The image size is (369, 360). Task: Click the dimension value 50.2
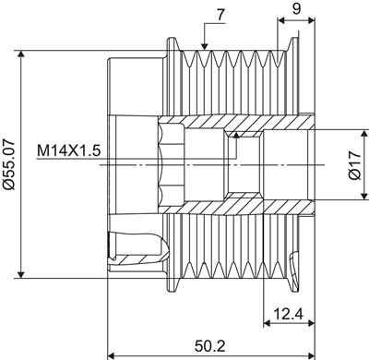point(209,345)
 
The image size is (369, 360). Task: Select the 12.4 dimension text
point(288,314)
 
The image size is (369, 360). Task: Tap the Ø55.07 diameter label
point(8,164)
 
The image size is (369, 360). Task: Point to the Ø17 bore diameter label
point(354,165)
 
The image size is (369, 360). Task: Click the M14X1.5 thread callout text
point(68,151)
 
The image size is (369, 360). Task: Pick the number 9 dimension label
point(296,9)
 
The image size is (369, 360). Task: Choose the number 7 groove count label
point(221,16)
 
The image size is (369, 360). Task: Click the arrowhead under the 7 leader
point(205,46)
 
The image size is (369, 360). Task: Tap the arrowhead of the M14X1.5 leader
point(236,134)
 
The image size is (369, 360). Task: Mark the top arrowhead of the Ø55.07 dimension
point(20,54)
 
